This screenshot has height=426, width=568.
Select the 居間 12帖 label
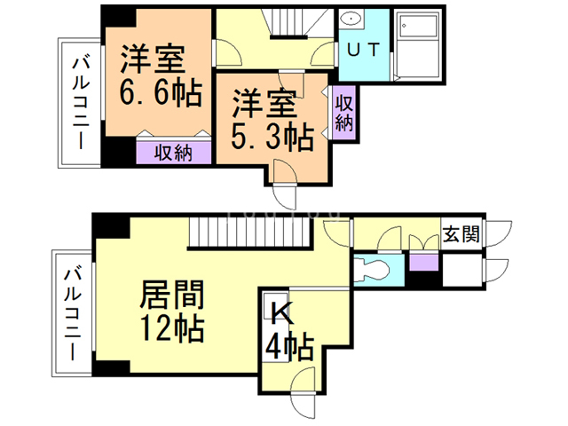coord(173,311)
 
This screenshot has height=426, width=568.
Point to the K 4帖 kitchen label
coord(286,330)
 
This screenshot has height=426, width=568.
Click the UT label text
coord(363,50)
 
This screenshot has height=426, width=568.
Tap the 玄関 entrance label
coord(461,235)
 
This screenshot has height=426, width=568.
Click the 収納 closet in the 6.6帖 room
coord(174,152)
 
